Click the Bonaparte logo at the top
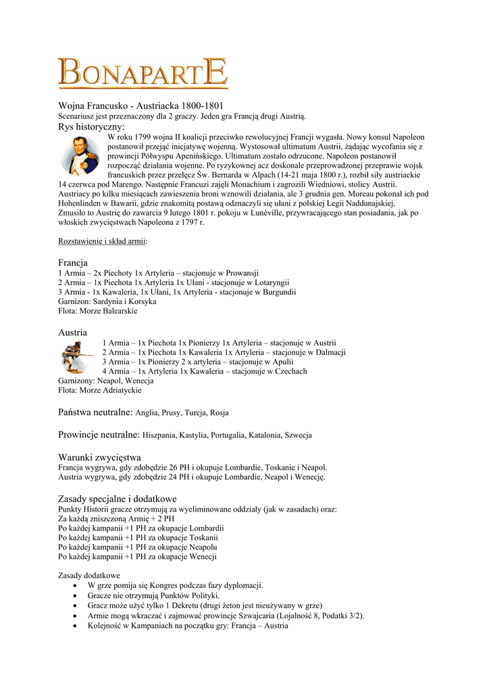click(x=143, y=73)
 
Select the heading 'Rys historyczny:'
click(x=91, y=126)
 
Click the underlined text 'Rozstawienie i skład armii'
click(x=102, y=241)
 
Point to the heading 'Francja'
click(x=73, y=262)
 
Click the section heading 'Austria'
click(x=73, y=332)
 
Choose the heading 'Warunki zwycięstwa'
click(x=99, y=458)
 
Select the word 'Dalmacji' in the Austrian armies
click(x=329, y=352)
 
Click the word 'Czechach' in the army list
click(x=290, y=371)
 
